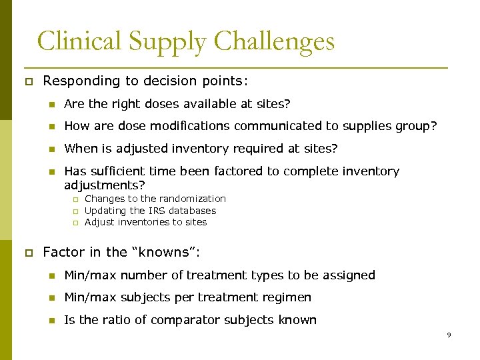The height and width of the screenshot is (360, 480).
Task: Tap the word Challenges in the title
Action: click(x=275, y=42)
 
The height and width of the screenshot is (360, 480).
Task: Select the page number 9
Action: click(x=449, y=335)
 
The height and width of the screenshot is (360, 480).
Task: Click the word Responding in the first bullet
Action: click(x=79, y=81)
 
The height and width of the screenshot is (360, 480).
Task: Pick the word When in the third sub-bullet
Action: click(x=80, y=148)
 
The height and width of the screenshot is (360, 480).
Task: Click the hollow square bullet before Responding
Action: click(x=28, y=82)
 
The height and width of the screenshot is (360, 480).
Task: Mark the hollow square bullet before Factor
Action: click(x=28, y=253)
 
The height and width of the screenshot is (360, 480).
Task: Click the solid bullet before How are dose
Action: click(x=51, y=127)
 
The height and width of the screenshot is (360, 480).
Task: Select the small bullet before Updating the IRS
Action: click(x=75, y=211)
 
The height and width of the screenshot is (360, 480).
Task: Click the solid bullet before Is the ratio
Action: click(x=51, y=321)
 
